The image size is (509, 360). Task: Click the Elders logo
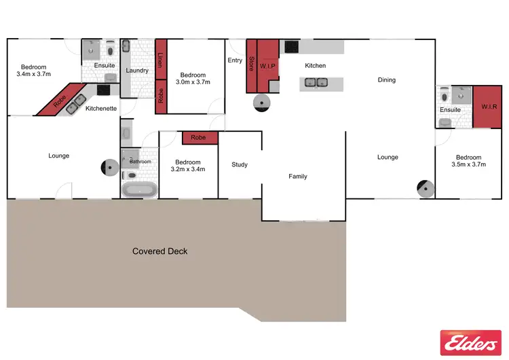pos(470,343)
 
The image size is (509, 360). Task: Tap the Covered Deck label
pos(159,251)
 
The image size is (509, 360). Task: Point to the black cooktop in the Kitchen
pos(290,48)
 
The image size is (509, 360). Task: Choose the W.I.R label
pos(488,107)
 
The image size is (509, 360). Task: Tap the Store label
pos(250,65)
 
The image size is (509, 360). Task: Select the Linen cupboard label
pos(161,59)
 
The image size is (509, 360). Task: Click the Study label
pos(240,164)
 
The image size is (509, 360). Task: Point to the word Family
pos(298,177)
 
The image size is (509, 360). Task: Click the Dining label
pos(387,80)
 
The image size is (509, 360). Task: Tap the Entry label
pos(235,60)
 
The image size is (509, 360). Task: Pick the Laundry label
pos(137,71)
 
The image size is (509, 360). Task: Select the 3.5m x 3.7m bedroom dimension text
pos(468,164)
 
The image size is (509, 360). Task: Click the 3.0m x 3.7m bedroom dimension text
pos(193,82)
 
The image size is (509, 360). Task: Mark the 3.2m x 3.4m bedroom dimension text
pos(187,169)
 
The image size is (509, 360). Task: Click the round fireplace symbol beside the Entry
pos(261,102)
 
